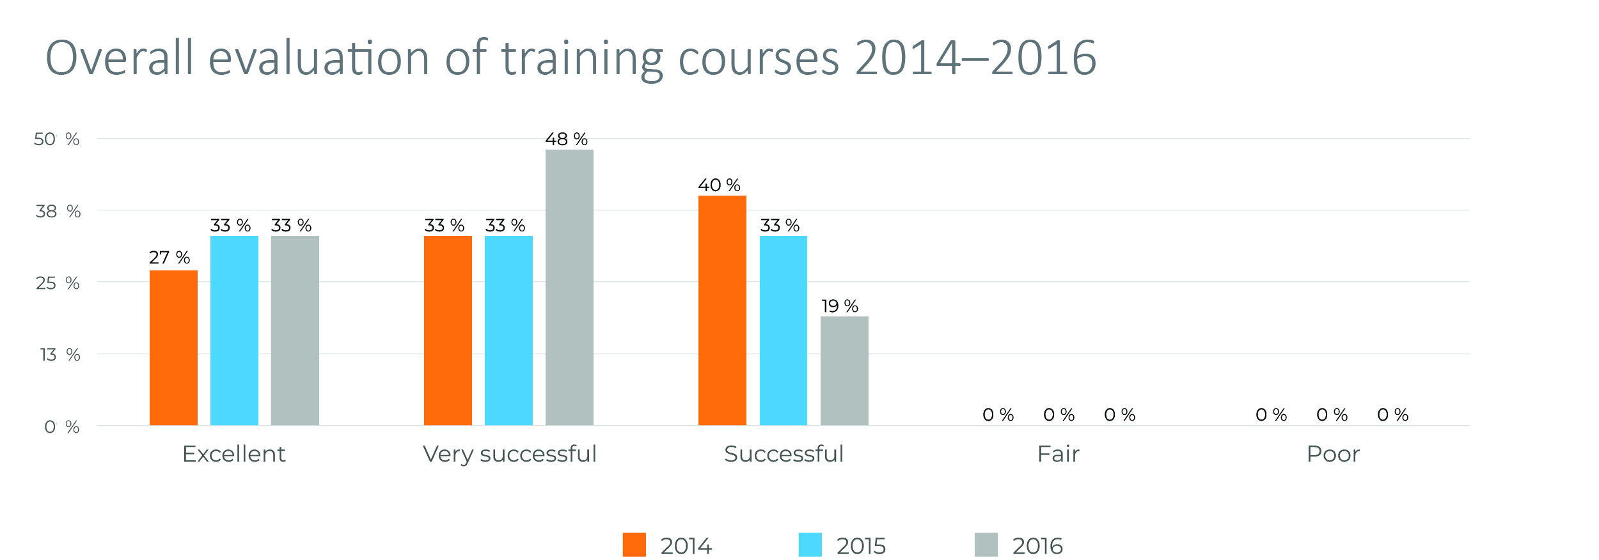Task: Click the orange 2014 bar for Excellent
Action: point(173,348)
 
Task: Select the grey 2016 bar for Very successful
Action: point(569,287)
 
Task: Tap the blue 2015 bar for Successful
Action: point(784,331)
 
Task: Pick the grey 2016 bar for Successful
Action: point(844,371)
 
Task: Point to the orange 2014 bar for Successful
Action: point(722,310)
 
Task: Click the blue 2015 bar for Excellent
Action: point(234,331)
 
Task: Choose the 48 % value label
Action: point(566,139)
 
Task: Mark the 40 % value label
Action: point(719,185)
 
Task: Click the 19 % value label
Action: point(840,306)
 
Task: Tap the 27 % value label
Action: point(169,258)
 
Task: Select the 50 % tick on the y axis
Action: point(57,139)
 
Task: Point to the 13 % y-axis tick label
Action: point(60,355)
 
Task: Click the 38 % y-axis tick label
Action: point(58,212)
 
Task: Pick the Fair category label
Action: point(1058,454)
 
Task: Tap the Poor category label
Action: point(1333,454)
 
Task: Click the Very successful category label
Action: point(510,454)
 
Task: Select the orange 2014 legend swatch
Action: point(634,545)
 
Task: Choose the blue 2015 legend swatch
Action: point(810,545)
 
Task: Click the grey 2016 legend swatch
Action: point(986,545)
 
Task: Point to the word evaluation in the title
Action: point(319,58)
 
